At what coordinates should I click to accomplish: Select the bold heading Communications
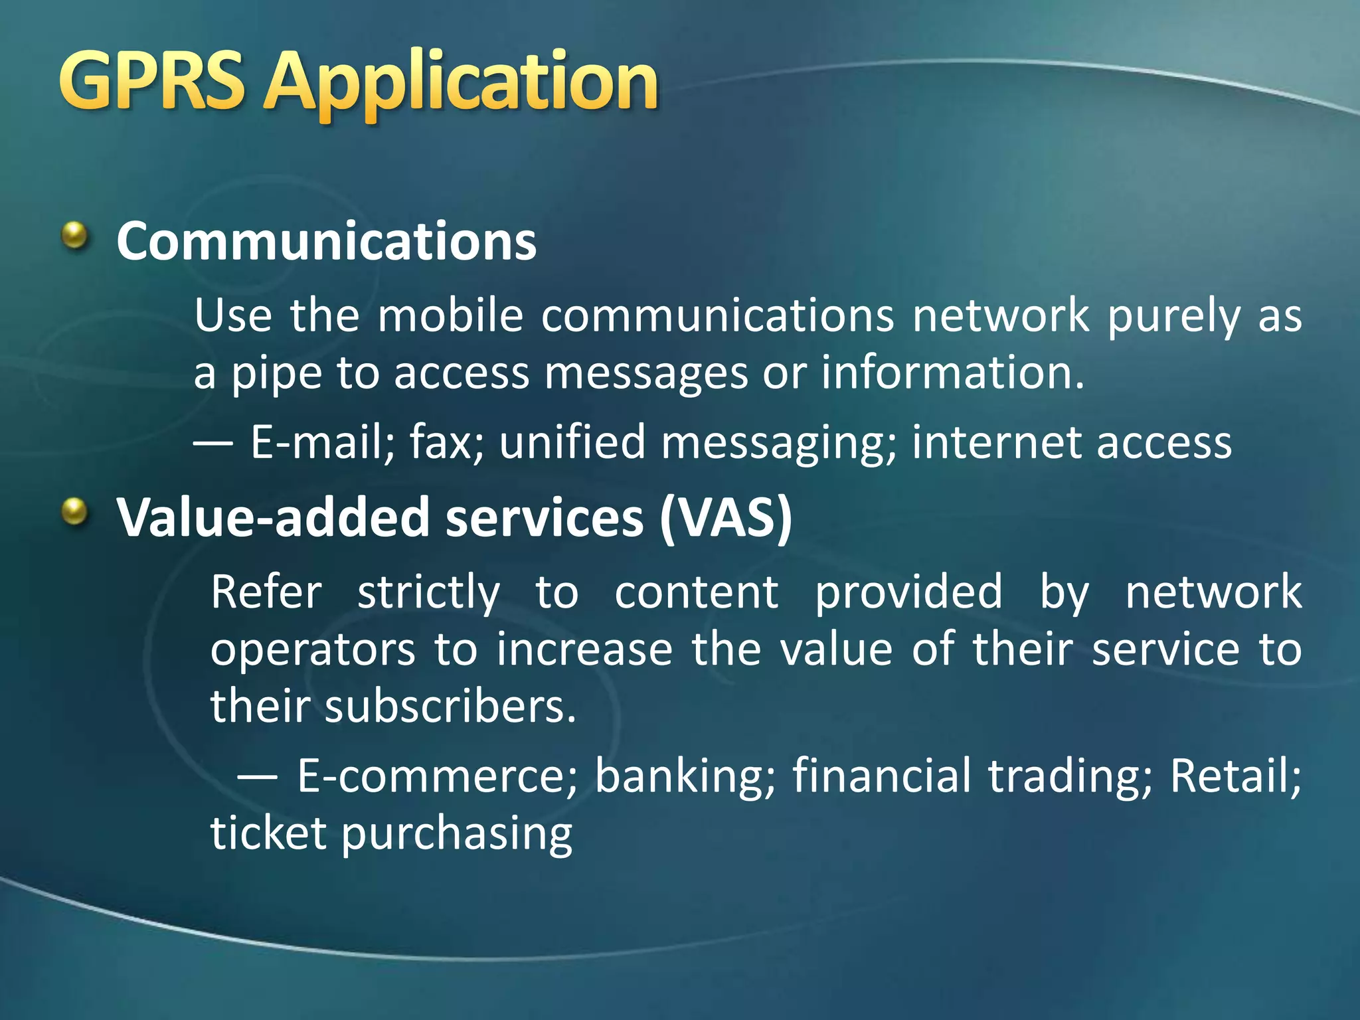click(x=326, y=241)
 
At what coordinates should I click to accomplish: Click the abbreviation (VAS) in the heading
click(x=726, y=517)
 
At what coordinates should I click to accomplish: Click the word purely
click(x=1173, y=317)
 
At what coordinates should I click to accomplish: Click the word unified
click(x=572, y=442)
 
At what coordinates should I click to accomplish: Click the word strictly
click(x=428, y=593)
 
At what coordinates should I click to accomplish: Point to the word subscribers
click(x=450, y=706)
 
